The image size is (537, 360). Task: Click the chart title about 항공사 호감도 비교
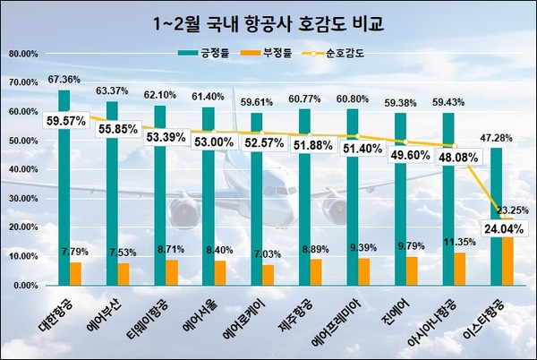click(268, 21)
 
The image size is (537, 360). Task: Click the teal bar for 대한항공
click(64, 179)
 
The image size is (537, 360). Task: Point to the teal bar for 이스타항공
click(496, 215)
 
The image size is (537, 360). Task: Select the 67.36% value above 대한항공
click(65, 80)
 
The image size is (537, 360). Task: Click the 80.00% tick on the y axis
click(22, 54)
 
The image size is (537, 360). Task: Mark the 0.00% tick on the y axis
click(24, 285)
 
